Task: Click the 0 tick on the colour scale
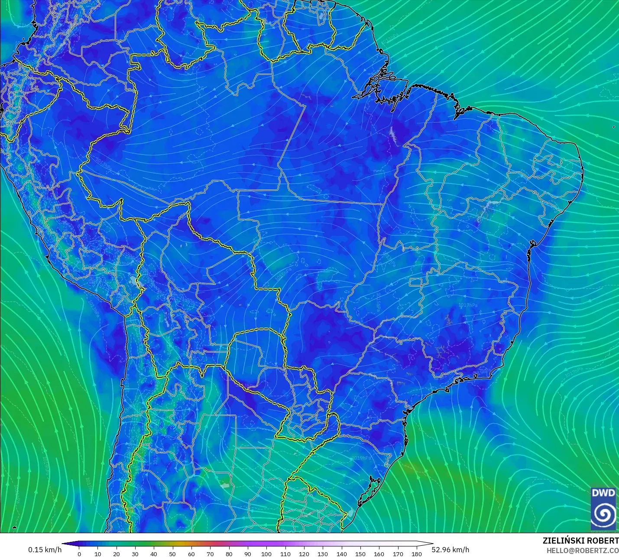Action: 79,554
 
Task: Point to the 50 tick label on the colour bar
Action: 172,554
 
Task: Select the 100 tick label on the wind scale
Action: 266,554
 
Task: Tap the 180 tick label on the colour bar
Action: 416,554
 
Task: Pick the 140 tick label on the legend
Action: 341,554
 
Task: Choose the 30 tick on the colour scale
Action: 135,554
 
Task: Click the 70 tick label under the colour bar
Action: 210,554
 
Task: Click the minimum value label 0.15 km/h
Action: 45,550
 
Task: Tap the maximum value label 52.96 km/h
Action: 450,550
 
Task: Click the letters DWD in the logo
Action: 603,493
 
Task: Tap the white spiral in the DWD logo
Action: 603,514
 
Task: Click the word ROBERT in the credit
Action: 605,541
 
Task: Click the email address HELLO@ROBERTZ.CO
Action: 582,551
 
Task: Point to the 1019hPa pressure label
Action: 361,458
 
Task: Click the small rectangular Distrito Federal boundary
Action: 416,282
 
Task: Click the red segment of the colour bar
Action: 210,544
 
